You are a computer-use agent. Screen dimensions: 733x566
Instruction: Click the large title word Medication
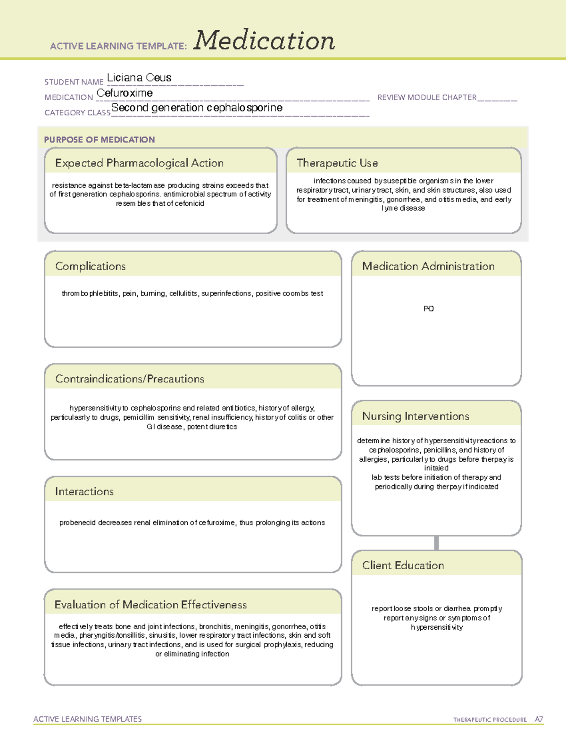(264, 41)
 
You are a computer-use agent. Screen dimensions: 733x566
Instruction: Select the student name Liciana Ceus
(139, 78)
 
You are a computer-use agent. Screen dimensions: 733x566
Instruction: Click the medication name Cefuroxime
(125, 93)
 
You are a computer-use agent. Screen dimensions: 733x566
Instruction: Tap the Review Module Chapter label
(427, 97)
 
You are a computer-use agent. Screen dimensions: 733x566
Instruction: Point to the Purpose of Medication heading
(100, 140)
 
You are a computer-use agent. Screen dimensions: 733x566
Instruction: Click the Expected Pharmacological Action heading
(139, 163)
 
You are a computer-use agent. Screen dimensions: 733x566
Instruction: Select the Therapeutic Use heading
(337, 163)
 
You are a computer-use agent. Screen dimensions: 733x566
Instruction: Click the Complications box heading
(91, 266)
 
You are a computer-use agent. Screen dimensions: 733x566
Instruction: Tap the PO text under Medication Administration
(428, 309)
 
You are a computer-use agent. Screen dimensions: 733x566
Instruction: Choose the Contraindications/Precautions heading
(130, 379)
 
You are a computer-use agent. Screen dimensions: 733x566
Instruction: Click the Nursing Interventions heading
(416, 416)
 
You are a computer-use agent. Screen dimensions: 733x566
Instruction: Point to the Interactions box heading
(84, 492)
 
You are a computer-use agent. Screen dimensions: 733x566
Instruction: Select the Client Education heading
(403, 565)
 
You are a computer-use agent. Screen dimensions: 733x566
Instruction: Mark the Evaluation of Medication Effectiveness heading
(150, 605)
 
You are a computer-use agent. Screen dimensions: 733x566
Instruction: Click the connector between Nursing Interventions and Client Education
(436, 543)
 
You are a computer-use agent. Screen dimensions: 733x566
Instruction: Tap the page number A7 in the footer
(539, 719)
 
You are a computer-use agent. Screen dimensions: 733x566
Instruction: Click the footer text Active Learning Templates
(88, 719)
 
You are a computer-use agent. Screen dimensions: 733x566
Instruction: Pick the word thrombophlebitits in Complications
(90, 294)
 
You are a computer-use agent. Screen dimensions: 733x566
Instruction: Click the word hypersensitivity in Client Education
(437, 627)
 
